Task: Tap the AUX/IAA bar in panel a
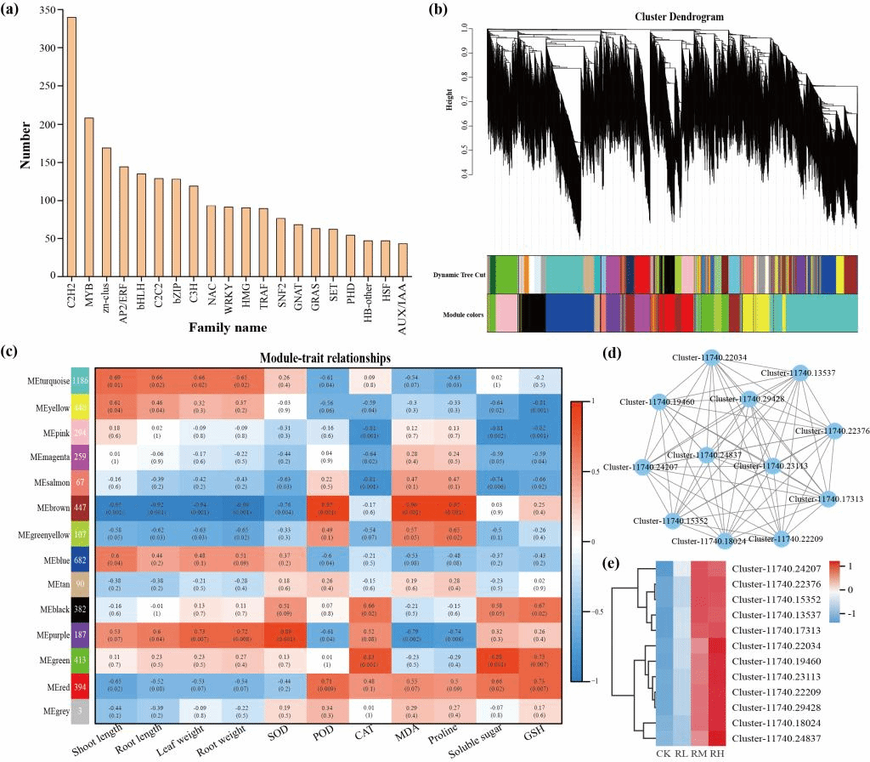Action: (402, 259)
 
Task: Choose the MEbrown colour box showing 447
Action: (82, 509)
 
